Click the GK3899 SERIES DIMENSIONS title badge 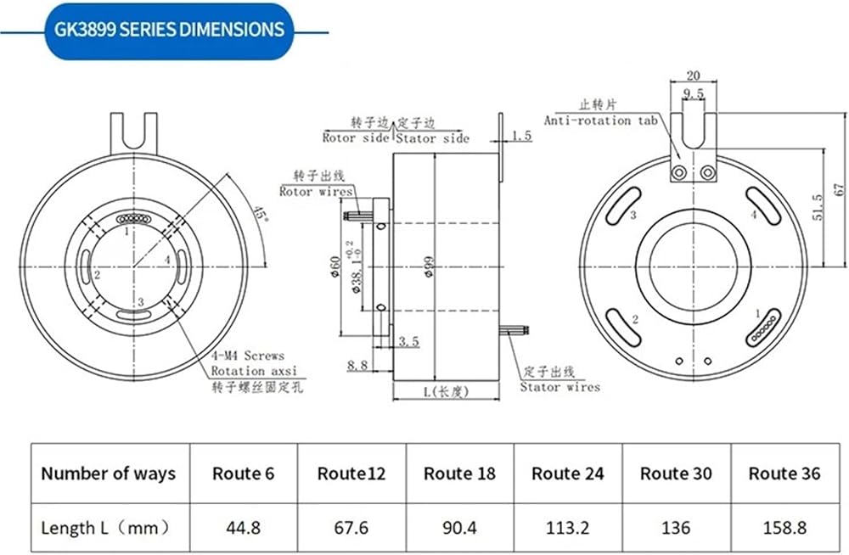(170, 31)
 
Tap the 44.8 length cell (243, 527)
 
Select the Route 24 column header (567, 474)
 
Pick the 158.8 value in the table (784, 527)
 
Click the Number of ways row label (109, 474)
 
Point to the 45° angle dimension (260, 214)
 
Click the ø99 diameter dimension (429, 267)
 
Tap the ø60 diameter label (335, 267)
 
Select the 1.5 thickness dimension (521, 135)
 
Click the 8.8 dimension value (357, 366)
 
